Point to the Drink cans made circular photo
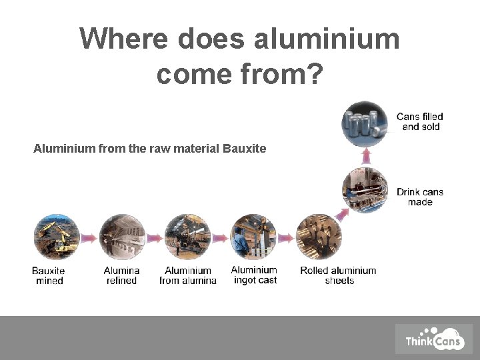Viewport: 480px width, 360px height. click(365, 190)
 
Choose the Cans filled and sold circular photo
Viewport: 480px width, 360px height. click(365, 123)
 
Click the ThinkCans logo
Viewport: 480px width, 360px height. click(433, 339)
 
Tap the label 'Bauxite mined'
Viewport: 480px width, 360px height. click(49, 276)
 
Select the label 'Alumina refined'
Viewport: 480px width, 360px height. click(121, 276)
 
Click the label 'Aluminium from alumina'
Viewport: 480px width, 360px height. click(188, 276)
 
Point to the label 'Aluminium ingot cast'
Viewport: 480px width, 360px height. click(254, 275)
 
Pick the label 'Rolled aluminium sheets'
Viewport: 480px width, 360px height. click(338, 276)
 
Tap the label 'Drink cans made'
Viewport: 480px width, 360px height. click(420, 197)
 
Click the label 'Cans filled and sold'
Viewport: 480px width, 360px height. click(420, 122)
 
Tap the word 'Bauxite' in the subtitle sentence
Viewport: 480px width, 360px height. click(245, 149)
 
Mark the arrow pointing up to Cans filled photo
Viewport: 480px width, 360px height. click(365, 156)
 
